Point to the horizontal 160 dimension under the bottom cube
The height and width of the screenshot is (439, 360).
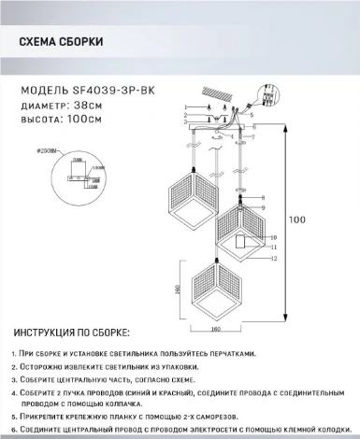click(216, 328)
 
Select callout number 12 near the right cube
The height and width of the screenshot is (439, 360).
click(274, 259)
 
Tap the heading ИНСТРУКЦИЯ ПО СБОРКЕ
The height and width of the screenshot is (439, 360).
click(73, 334)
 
